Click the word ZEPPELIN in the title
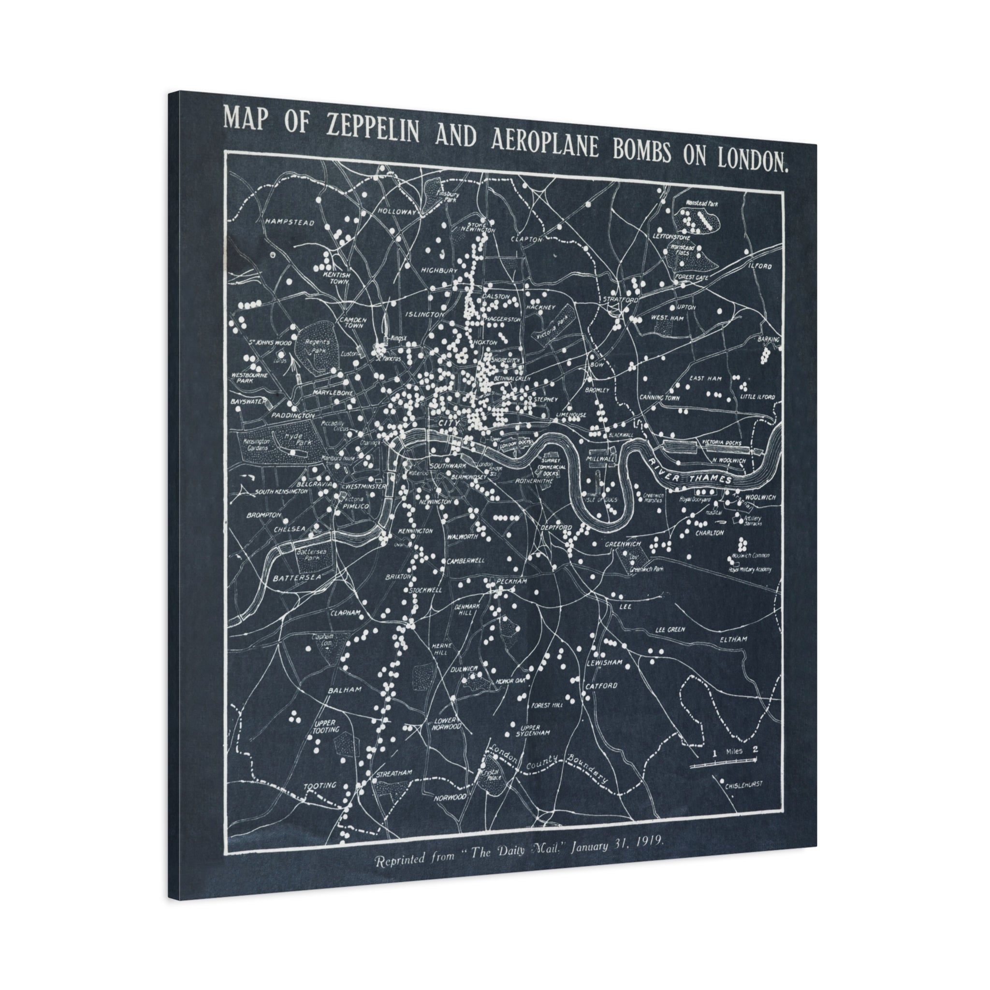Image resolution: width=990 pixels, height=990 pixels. click(373, 131)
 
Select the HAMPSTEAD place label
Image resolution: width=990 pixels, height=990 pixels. click(289, 223)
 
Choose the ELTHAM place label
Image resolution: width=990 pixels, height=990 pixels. click(733, 639)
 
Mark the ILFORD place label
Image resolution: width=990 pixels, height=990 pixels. click(759, 266)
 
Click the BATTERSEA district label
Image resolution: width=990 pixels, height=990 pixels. click(297, 578)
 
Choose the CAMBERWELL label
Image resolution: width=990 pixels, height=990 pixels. click(466, 561)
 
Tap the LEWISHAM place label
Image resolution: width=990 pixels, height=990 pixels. click(604, 662)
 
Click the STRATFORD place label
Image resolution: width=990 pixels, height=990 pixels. click(621, 299)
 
